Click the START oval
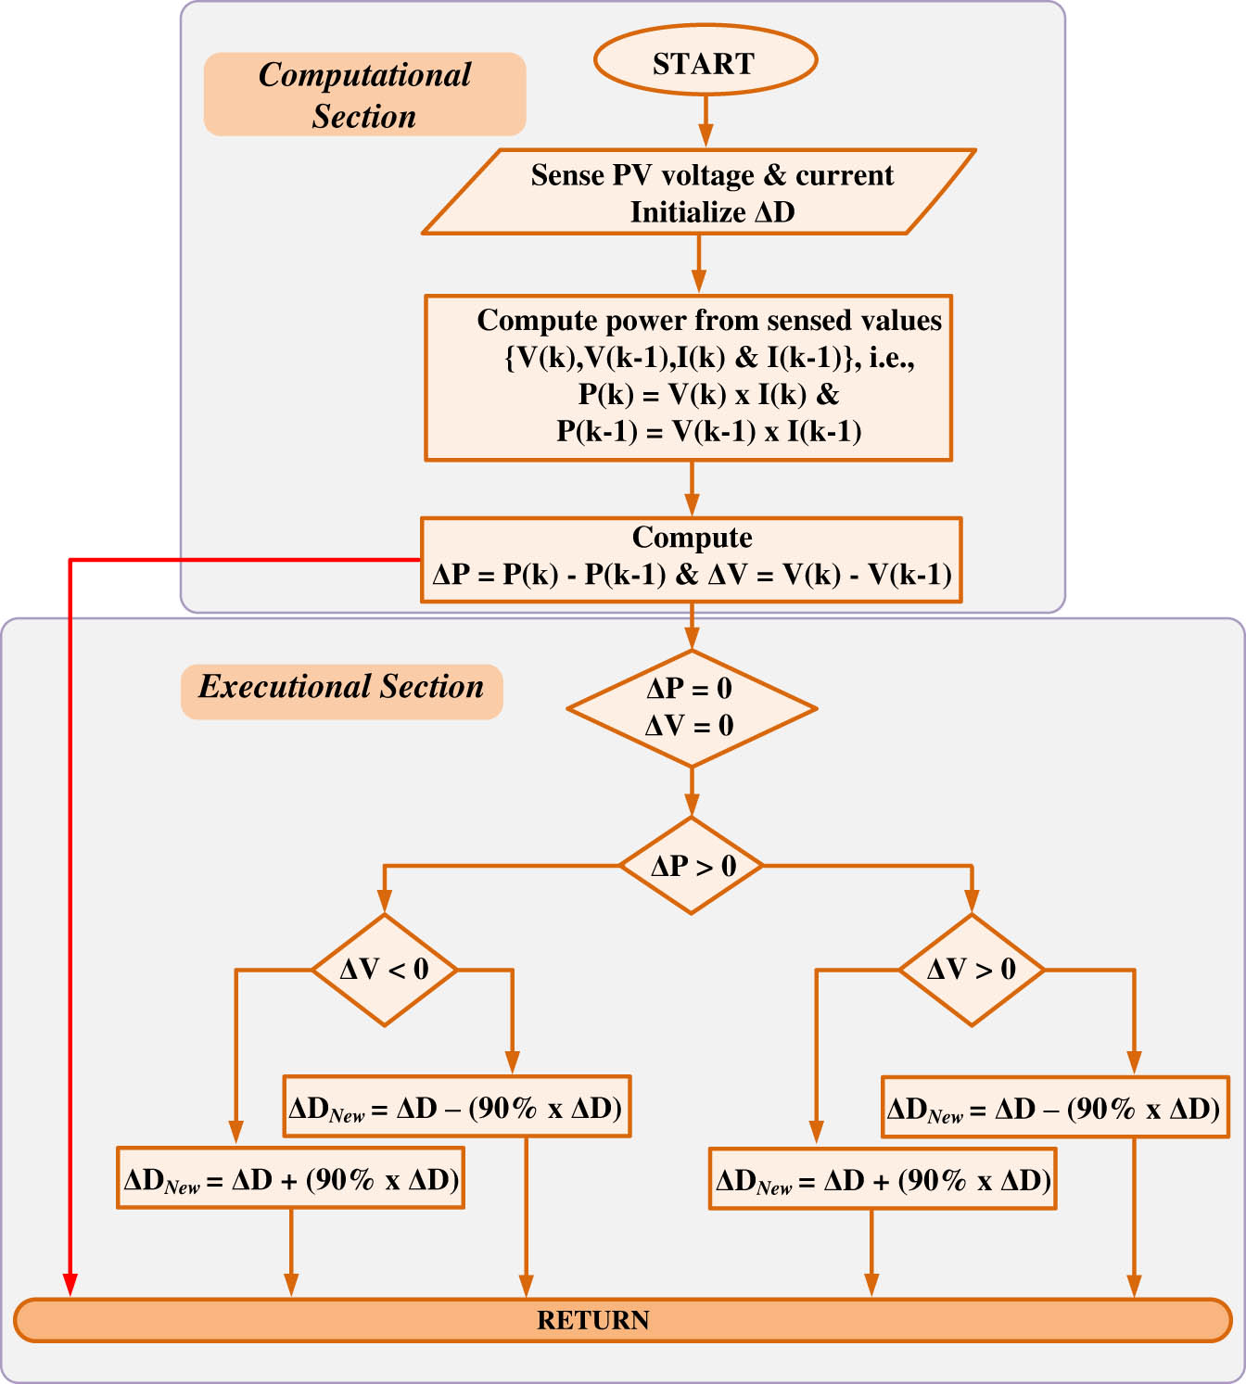(705, 61)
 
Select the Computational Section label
(364, 95)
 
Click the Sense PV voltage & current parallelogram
(699, 193)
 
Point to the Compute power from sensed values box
(689, 377)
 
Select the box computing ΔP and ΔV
(692, 560)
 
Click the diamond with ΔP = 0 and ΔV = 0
(691, 708)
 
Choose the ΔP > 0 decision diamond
(692, 866)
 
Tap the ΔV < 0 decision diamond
(385, 970)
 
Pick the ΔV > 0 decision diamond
(972, 970)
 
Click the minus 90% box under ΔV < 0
(457, 1107)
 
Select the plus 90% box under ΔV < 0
(290, 1178)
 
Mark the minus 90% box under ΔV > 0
(1055, 1107)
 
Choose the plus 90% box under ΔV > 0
(883, 1179)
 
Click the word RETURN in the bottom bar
(593, 1320)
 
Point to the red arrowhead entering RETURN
(70, 1285)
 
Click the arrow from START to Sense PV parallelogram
(706, 121)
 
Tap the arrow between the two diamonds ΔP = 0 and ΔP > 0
(692, 793)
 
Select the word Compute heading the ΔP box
(692, 538)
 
